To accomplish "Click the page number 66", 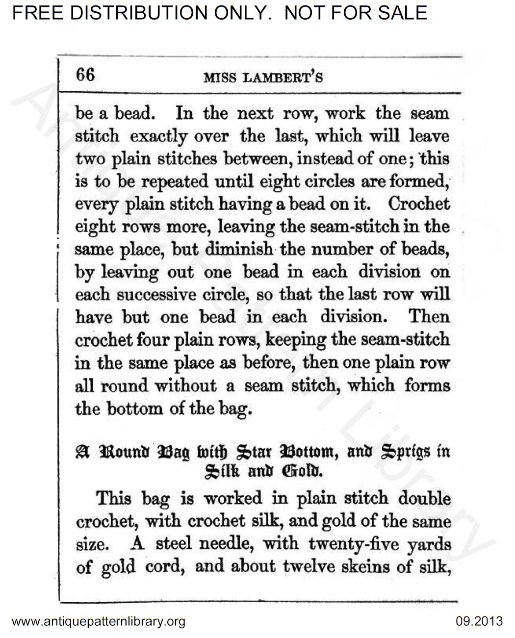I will click(84, 75).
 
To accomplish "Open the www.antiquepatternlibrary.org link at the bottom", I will click(98, 622).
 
